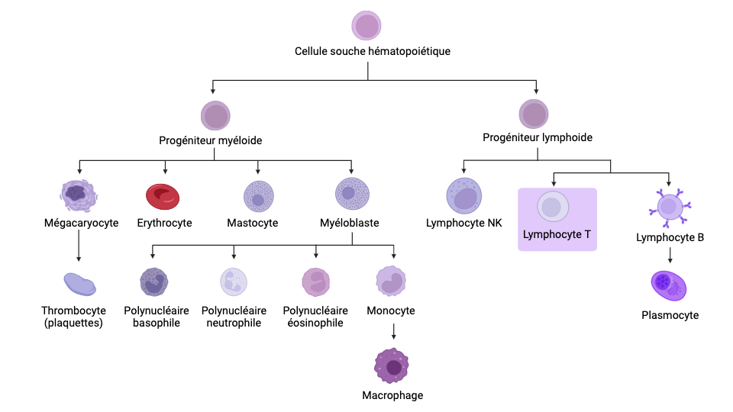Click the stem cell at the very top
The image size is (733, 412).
366,25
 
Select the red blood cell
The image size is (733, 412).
163,196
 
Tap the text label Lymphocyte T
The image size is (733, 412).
557,234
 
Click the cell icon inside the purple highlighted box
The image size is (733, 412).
553,207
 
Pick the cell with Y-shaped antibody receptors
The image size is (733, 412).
670,207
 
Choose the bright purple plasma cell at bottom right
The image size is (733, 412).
669,285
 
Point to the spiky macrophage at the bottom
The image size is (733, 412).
392,366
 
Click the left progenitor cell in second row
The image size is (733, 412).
215,116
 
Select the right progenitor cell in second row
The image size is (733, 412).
534,114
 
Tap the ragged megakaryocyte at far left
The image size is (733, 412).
79,195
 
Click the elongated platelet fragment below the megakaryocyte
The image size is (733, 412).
79,284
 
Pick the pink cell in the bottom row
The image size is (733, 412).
315,282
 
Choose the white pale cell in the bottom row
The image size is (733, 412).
234,282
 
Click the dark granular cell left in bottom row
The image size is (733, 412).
153,282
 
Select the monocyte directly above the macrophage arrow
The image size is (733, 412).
391,281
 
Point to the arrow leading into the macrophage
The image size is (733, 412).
394,332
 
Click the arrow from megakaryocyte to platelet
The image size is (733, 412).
79,245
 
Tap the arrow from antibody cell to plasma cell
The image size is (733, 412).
670,255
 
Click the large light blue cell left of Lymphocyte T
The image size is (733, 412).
464,196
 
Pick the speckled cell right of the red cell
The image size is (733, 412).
259,196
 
